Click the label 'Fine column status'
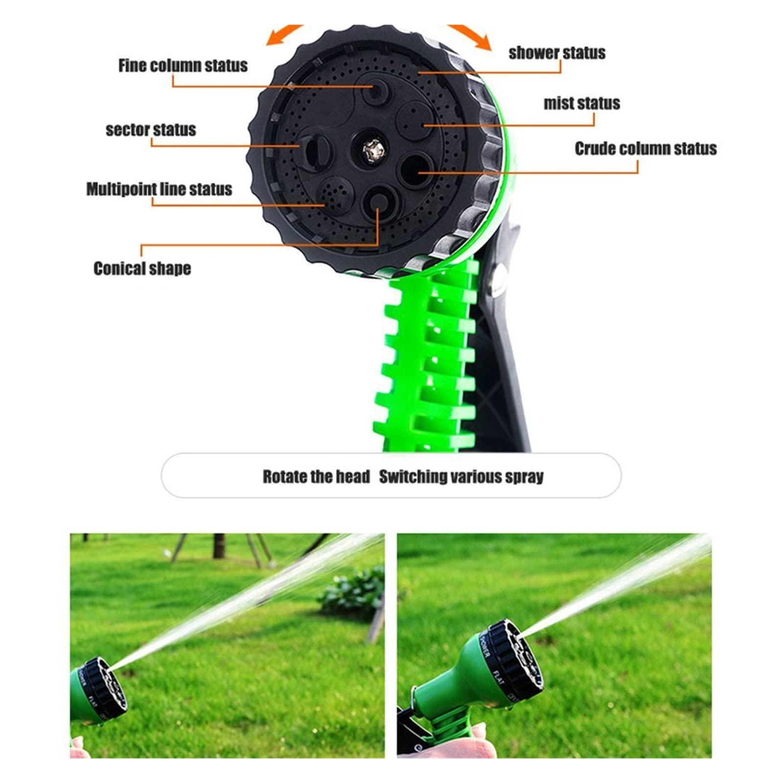click(183, 66)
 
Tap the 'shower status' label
click(557, 53)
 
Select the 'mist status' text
click(582, 103)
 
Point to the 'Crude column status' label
click(645, 148)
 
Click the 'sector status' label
click(151, 130)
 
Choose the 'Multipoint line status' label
click(159, 189)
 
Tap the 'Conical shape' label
click(142, 268)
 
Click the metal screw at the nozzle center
click(370, 149)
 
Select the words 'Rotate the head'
click(316, 476)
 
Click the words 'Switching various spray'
click(461, 477)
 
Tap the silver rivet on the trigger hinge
click(498, 280)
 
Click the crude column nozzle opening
click(416, 169)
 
